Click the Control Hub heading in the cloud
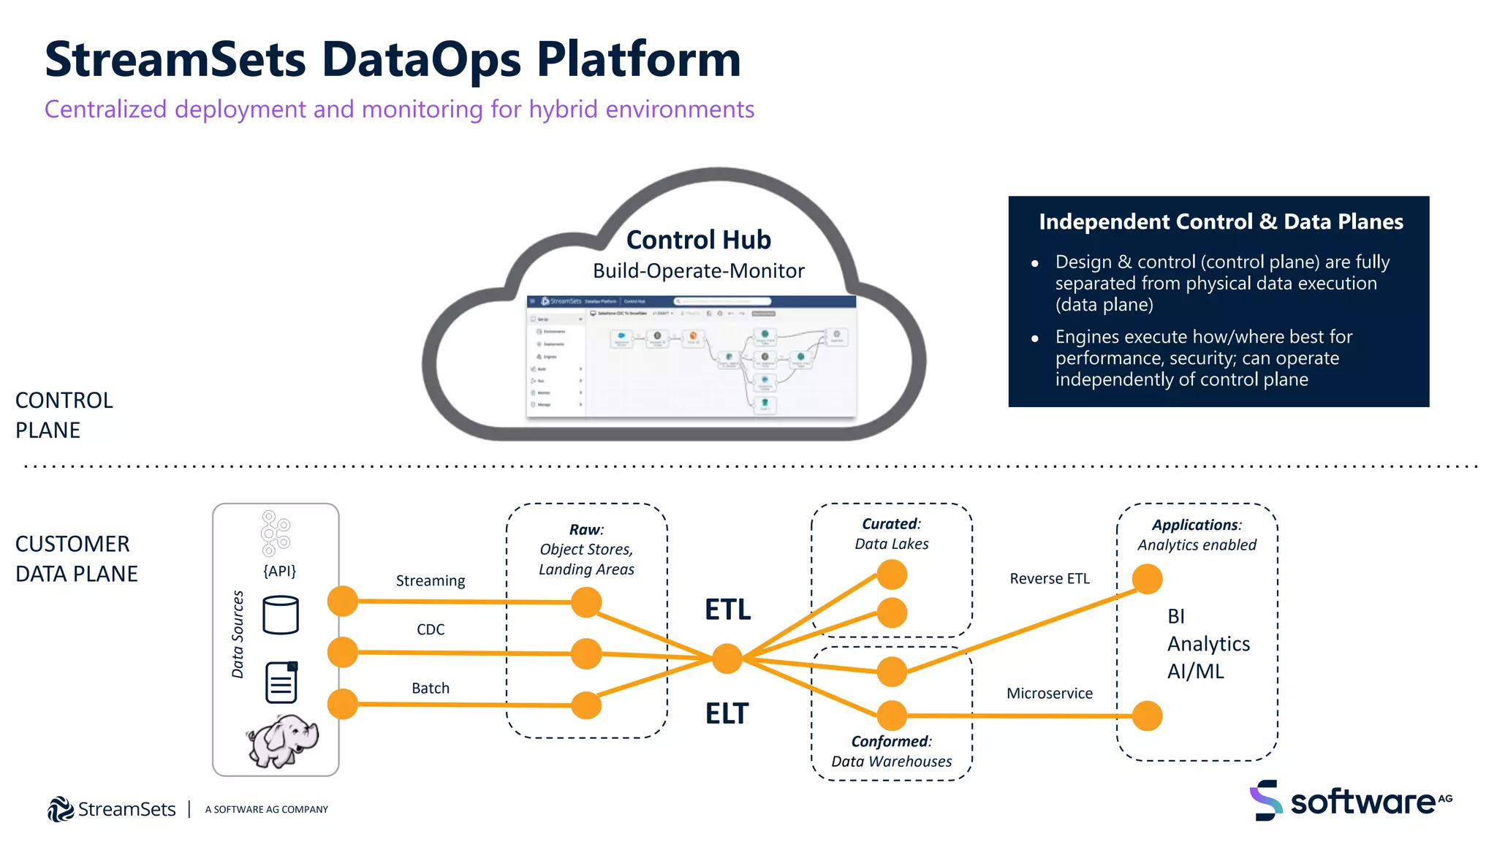coord(698,240)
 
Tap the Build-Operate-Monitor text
coord(698,271)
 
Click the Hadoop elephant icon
coord(283,740)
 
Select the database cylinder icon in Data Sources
coord(281,615)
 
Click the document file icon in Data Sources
coord(281,683)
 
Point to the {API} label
coord(279,571)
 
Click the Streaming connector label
coord(430,581)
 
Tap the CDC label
coord(431,629)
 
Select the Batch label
coord(430,689)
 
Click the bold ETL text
coord(727,610)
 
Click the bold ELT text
coord(727,713)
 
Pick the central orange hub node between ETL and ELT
coord(727,659)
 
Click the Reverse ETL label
coord(1049,579)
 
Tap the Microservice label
coord(1049,694)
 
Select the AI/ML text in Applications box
coord(1195,672)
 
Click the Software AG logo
coord(1350,801)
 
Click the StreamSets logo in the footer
coord(112,809)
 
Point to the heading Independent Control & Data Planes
coord(1221,222)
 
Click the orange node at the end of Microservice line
coord(1147,716)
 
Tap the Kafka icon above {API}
coord(276,534)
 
